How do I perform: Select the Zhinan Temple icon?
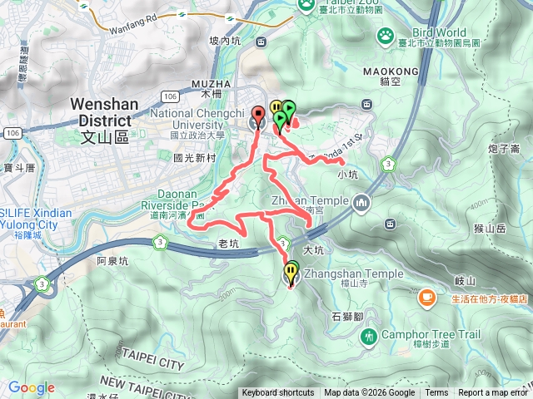point(361,202)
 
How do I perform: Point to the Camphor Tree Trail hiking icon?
point(369,336)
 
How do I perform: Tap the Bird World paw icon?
point(386,35)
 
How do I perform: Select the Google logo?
point(32,388)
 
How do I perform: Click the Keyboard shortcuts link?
point(278,393)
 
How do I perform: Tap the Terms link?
point(436,393)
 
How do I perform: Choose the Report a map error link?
point(495,393)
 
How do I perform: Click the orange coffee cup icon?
point(426,297)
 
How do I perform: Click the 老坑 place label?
point(227,244)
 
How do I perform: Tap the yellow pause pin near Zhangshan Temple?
point(291,271)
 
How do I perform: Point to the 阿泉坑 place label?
point(113,260)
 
